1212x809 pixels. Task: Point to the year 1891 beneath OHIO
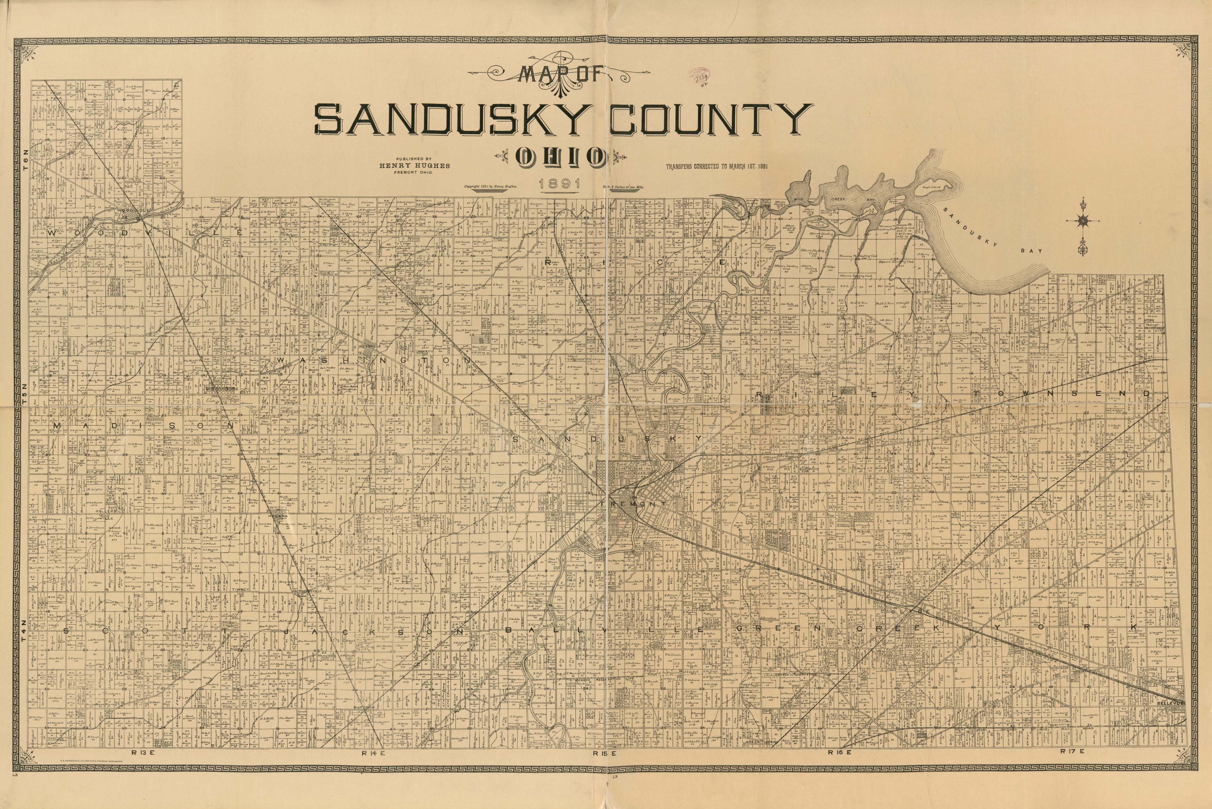pyautogui.click(x=560, y=184)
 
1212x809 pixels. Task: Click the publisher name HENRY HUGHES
pyautogui.click(x=414, y=166)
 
